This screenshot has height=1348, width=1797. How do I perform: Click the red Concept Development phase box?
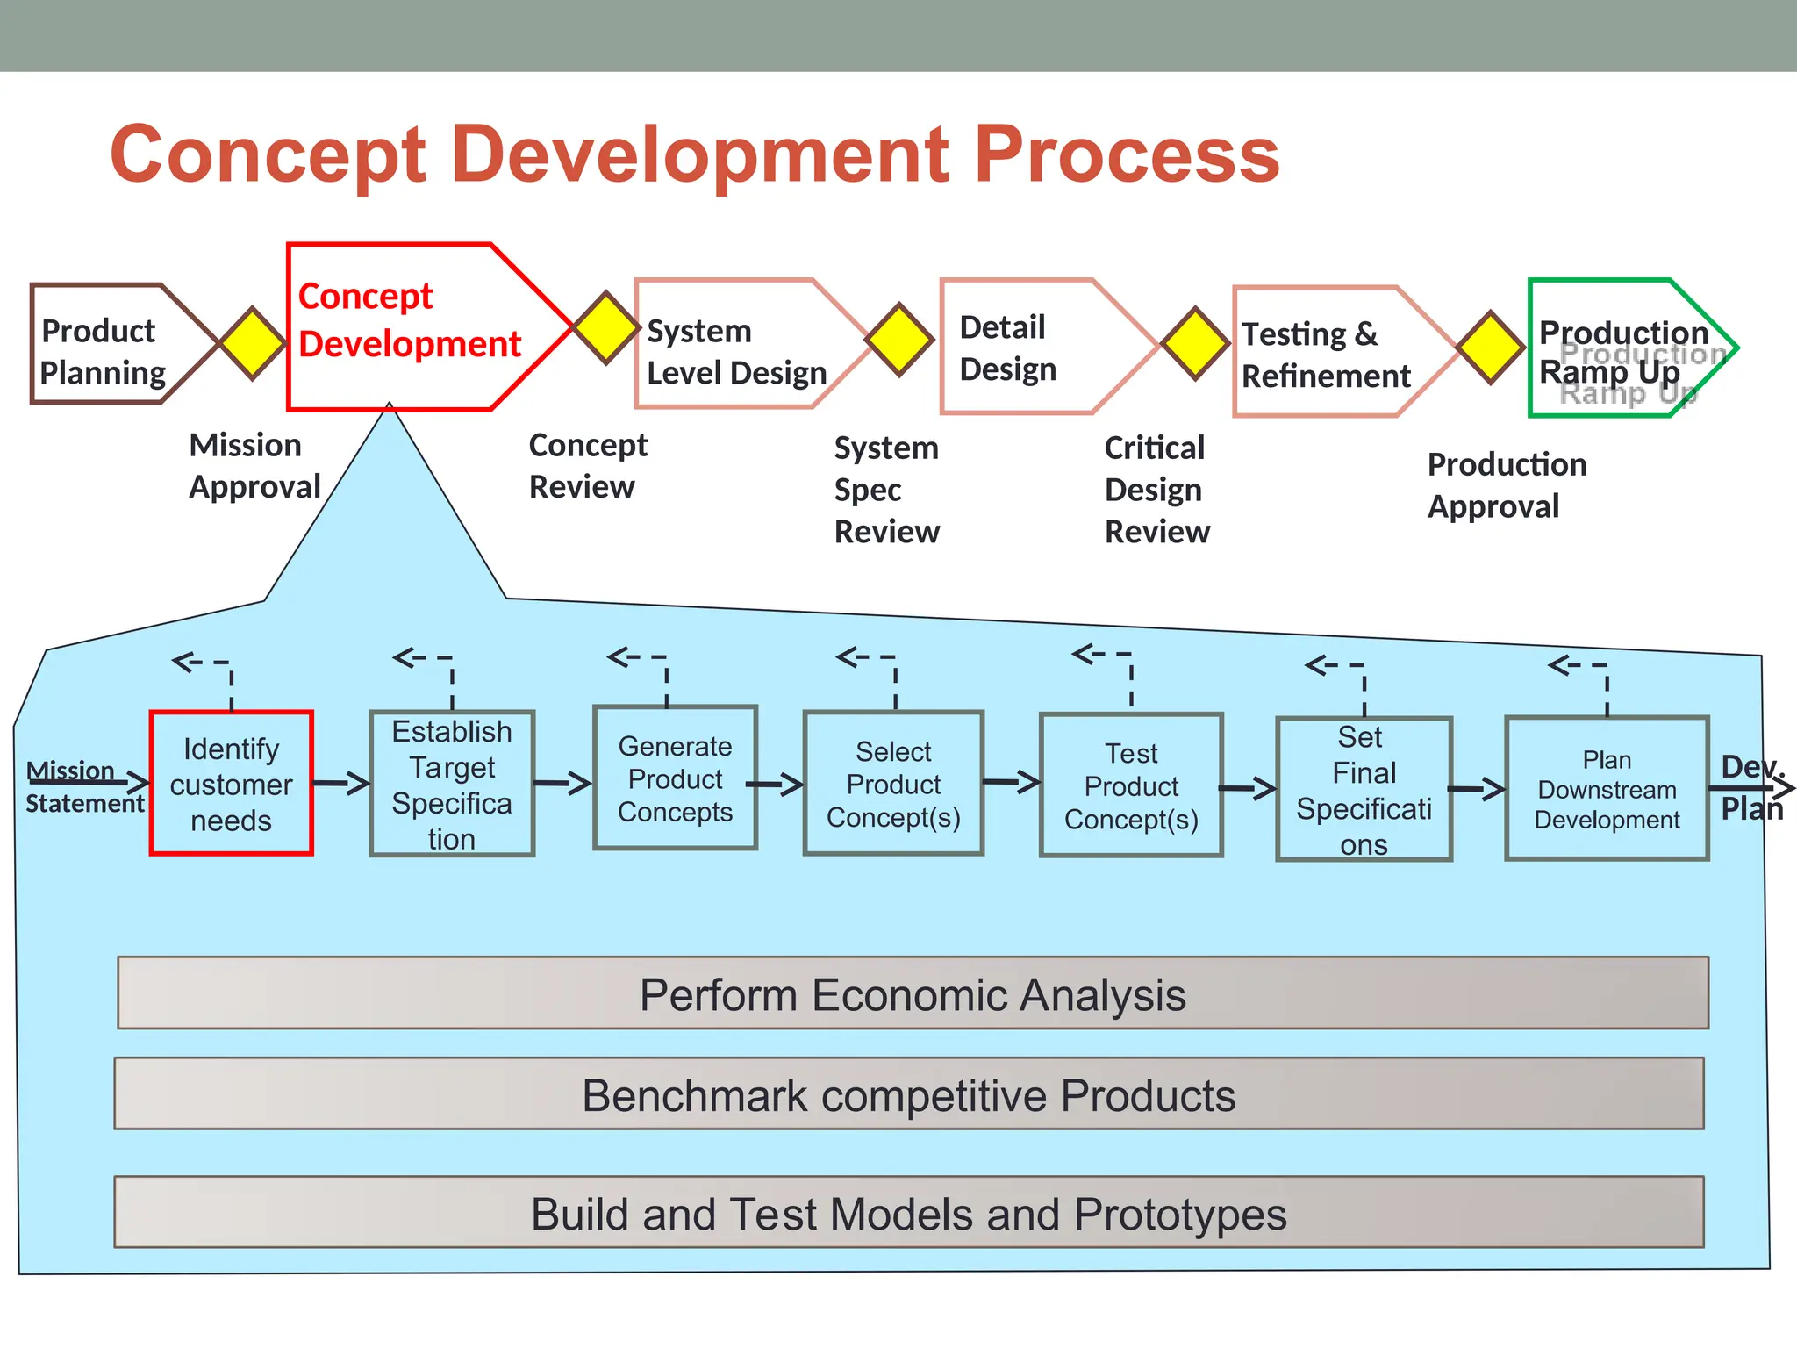click(x=412, y=326)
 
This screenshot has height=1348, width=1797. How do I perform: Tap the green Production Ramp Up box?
click(x=1623, y=349)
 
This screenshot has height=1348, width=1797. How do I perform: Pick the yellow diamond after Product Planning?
click(x=253, y=343)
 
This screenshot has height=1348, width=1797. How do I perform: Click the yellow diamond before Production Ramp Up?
click(x=1490, y=347)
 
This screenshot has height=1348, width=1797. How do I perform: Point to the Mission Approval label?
click(x=254, y=466)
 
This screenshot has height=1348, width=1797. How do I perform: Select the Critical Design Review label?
click(x=1156, y=490)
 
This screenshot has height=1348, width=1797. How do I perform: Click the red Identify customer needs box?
click(x=232, y=784)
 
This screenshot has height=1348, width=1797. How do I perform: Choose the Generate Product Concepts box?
click(x=675, y=778)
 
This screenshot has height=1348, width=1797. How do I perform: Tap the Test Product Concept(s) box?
click(x=1131, y=785)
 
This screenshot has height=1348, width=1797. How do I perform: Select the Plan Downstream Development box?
click(x=1607, y=789)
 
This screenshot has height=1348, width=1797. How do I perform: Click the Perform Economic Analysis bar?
click(x=913, y=994)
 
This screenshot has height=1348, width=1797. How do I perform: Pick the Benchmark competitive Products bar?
click(x=909, y=1094)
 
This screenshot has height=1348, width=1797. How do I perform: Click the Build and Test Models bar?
click(x=909, y=1214)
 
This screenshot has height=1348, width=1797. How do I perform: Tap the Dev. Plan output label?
click(x=1751, y=787)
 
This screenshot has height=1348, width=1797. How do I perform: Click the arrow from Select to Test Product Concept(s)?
click(x=1012, y=781)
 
